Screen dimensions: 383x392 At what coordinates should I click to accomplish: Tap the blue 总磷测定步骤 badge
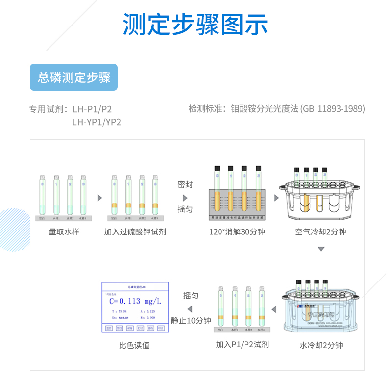click(74, 77)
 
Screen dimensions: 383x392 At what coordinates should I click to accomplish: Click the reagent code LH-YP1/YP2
click(96, 122)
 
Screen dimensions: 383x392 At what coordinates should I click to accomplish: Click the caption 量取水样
click(64, 231)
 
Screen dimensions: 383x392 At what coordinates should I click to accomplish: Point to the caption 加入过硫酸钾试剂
click(135, 231)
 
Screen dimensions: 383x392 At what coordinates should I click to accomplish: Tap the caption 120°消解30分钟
click(237, 231)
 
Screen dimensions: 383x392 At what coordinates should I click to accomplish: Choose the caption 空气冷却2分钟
click(320, 231)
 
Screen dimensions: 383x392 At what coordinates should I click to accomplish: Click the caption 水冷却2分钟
click(321, 345)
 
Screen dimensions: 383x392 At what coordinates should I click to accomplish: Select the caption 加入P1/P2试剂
click(242, 344)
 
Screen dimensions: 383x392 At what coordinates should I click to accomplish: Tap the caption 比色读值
click(134, 345)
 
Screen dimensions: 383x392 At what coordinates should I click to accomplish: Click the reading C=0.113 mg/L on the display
click(135, 301)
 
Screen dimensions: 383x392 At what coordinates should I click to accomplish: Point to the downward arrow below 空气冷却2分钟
click(321, 249)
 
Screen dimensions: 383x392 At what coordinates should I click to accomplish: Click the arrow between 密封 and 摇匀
click(185, 197)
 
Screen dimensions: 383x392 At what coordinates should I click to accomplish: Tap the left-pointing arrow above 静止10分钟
click(190, 308)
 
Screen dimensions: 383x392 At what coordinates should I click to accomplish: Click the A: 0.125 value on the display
click(147, 311)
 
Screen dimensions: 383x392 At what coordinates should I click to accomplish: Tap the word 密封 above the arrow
click(185, 185)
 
